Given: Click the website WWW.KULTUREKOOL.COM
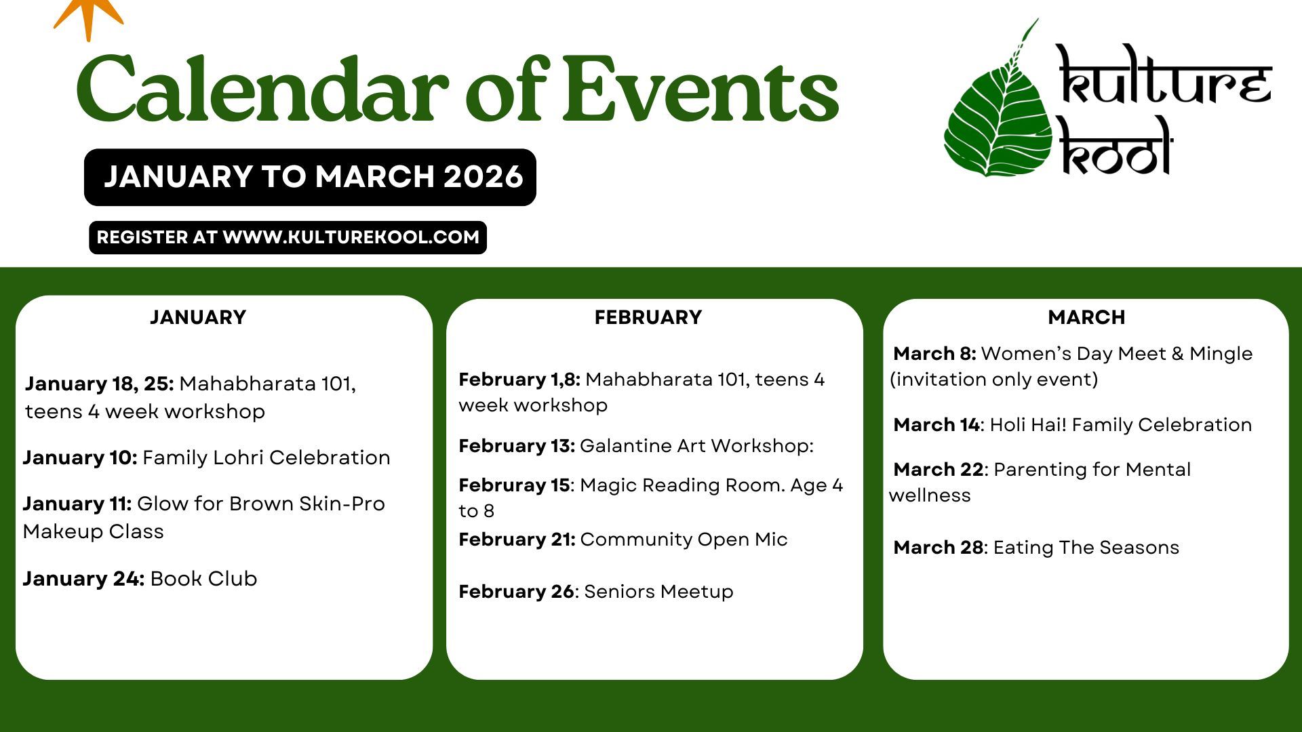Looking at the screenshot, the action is tap(351, 237).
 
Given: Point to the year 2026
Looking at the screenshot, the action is tap(484, 177).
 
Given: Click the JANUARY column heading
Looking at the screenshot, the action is tap(198, 317).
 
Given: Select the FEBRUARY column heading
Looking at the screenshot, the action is tap(648, 317).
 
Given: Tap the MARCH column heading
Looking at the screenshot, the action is tap(1086, 317).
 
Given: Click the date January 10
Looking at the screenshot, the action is tap(80, 457).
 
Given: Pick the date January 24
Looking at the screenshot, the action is tap(83, 579).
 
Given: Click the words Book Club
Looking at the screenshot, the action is tap(203, 579).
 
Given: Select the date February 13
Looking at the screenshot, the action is tap(517, 446).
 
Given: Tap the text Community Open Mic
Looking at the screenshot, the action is tap(684, 540).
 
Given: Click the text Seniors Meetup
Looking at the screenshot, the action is tap(658, 592).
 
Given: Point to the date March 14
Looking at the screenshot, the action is tap(936, 425).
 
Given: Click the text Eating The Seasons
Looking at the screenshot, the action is tap(1086, 548).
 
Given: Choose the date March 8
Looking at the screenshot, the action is tap(934, 354).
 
